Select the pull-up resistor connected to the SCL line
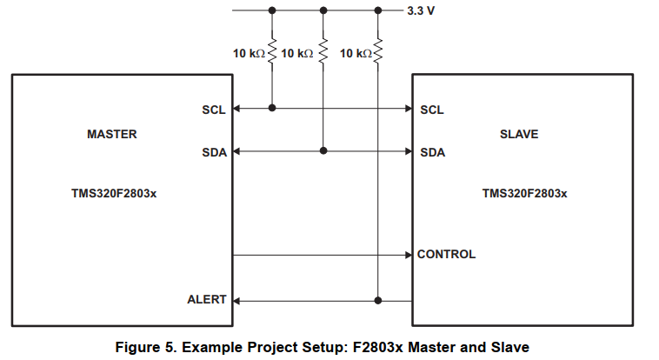[x=272, y=53]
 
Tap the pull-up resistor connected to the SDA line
[x=323, y=53]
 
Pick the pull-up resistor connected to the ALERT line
[x=378, y=53]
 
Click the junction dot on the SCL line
[x=272, y=109]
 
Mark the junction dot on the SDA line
[x=323, y=151]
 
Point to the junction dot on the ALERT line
[x=378, y=300]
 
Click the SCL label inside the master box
[x=214, y=110]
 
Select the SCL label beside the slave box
[x=432, y=110]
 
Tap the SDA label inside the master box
[x=214, y=152]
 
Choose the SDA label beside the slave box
[x=432, y=152]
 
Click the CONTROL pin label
[x=446, y=255]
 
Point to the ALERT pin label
[x=207, y=300]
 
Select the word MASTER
[x=112, y=135]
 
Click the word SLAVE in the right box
[x=519, y=135]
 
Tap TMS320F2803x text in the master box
[x=114, y=193]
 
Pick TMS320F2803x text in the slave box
[x=524, y=193]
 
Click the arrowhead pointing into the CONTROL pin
[x=408, y=256]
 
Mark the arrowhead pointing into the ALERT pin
[x=236, y=300]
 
